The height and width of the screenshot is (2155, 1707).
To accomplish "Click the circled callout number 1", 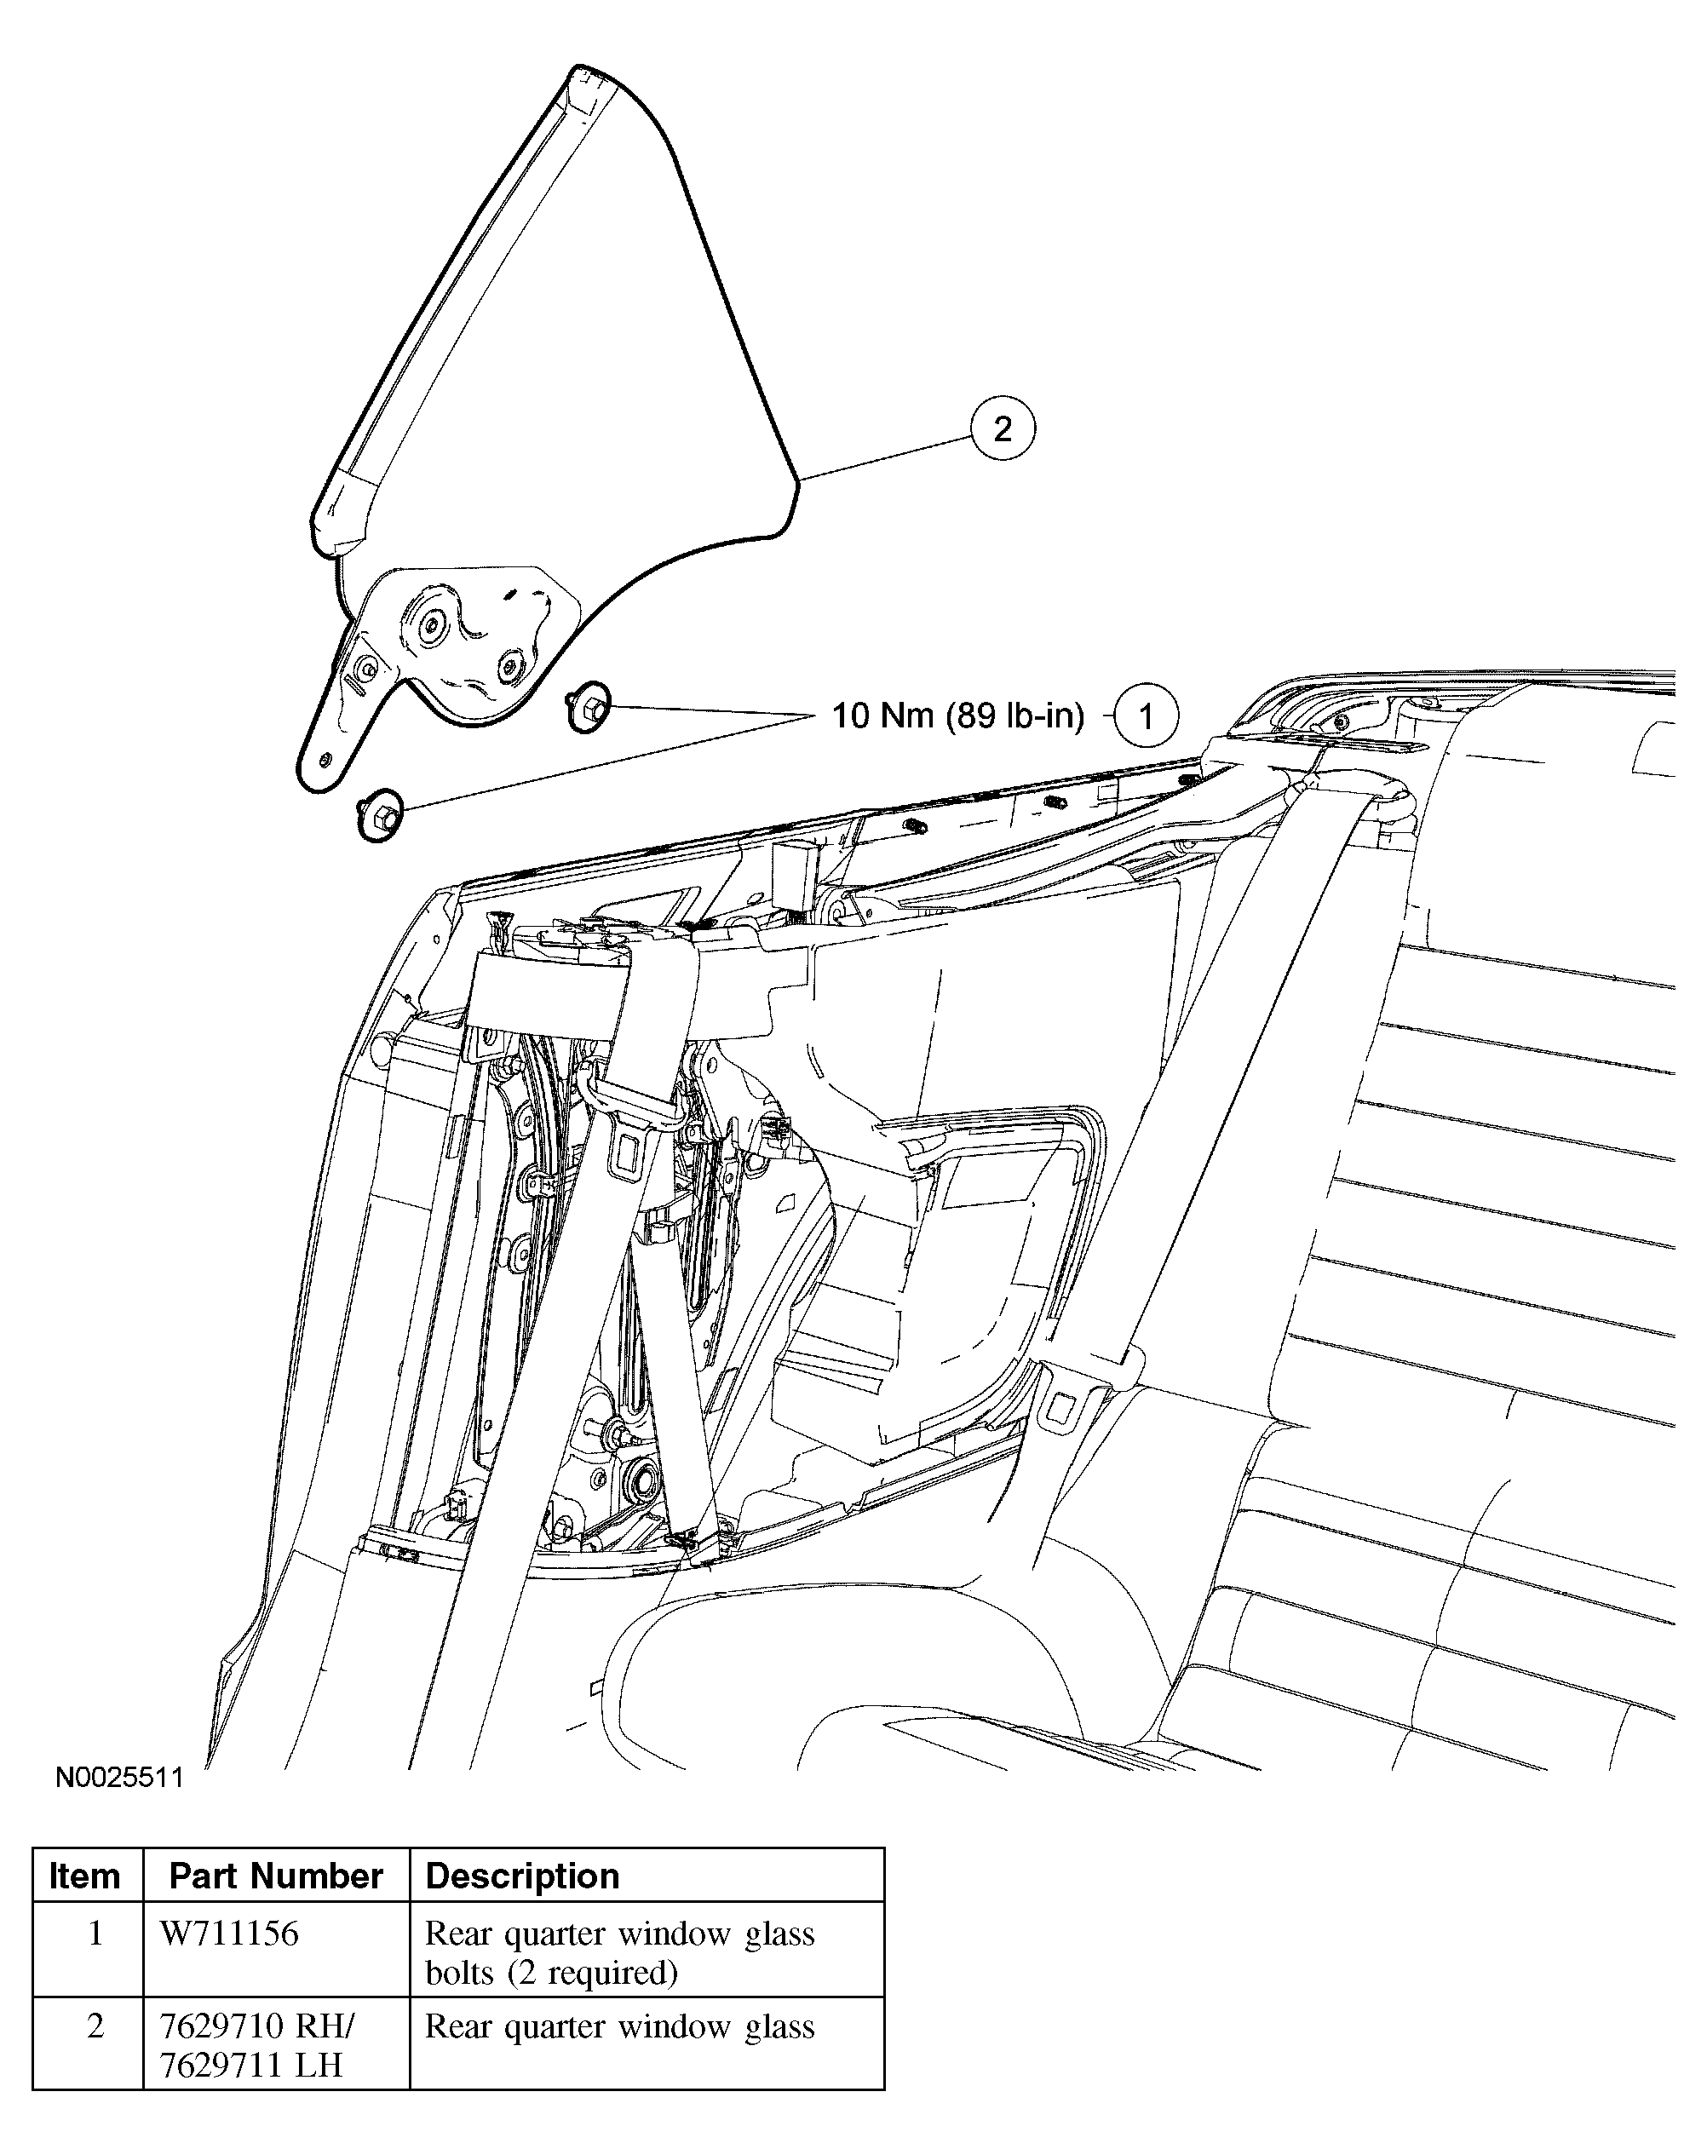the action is pos(1147,715).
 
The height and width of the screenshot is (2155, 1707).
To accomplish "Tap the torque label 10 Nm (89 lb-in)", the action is pos(958,715).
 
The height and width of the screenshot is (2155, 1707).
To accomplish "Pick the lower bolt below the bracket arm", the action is pos(380,814).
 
